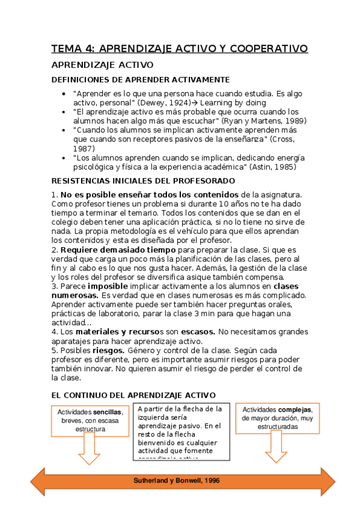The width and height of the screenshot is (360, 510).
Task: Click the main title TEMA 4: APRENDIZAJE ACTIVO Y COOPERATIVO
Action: tap(179, 48)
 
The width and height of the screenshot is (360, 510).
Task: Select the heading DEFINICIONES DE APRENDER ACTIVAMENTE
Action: tap(141, 79)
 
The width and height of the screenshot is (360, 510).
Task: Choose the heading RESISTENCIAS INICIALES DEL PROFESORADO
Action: tap(143, 180)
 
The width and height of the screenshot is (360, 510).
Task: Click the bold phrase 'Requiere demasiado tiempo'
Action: tap(118, 249)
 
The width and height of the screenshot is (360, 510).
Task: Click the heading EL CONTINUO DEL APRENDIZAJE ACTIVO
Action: tap(133, 395)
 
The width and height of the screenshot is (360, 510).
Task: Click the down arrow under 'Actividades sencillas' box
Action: tap(90, 449)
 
